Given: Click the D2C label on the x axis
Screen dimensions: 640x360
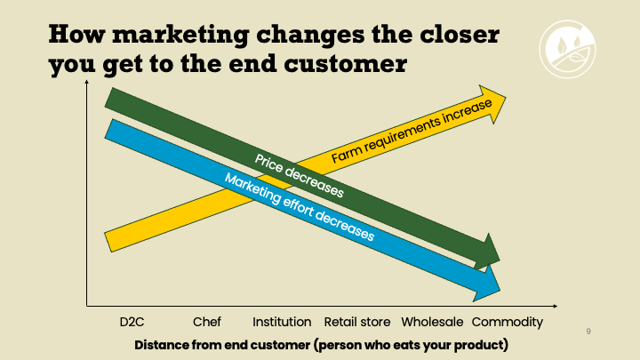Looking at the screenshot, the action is click(x=132, y=322).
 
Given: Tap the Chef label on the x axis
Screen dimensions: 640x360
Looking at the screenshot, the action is click(x=206, y=322).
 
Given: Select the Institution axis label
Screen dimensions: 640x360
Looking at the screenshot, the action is click(x=282, y=322).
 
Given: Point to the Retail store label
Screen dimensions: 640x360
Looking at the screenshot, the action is click(x=357, y=322).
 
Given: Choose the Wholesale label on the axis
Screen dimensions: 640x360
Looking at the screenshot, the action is click(x=432, y=322).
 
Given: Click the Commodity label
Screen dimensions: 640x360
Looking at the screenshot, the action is click(x=508, y=322).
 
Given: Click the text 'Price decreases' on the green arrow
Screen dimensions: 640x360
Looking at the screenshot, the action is click(x=299, y=176).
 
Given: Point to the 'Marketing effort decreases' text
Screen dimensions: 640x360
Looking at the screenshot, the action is click(x=300, y=206).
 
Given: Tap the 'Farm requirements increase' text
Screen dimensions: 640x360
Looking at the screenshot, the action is click(x=412, y=131).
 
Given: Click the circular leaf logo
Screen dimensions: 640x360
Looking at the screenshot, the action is click(x=567, y=49).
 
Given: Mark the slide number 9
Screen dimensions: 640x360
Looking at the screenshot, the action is click(x=588, y=331).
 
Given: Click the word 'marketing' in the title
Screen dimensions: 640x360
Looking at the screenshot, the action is click(x=180, y=35).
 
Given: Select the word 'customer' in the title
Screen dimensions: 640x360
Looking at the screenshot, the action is click(x=345, y=64).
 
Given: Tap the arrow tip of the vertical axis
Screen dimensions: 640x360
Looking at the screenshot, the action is click(x=86, y=81).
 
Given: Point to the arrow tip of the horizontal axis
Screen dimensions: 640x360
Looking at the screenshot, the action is click(x=556, y=306).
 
